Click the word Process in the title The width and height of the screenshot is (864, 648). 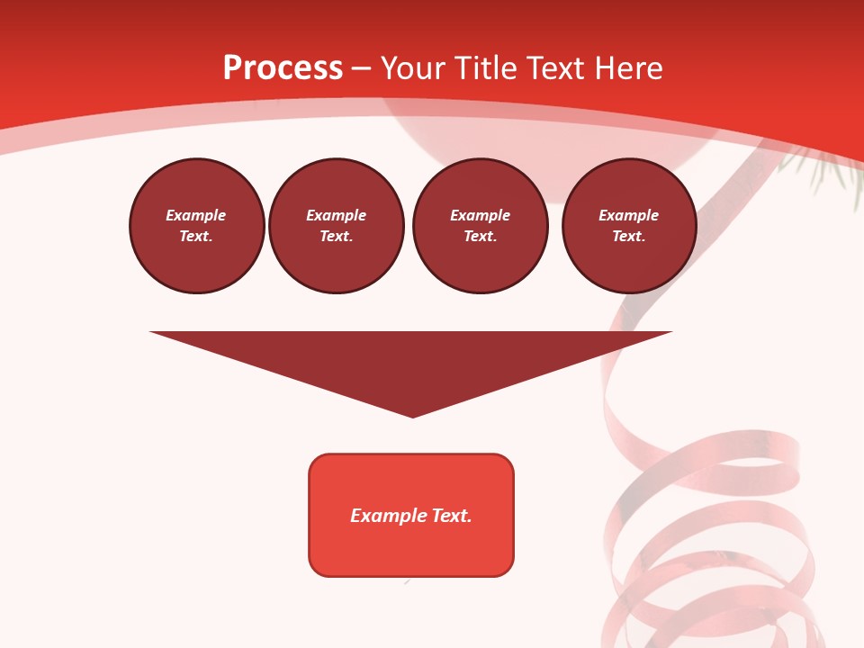point(283,68)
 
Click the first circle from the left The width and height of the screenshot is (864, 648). point(197,226)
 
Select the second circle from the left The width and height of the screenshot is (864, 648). point(337,226)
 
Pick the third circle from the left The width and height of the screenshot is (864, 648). point(480,226)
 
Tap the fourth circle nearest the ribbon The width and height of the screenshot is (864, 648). point(629,226)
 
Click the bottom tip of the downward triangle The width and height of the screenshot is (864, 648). point(412,416)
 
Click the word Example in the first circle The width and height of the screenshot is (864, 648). point(196,215)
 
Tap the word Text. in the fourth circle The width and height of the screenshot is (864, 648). point(629,237)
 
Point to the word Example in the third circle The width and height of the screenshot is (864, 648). point(480,215)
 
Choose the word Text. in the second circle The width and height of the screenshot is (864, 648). point(337,237)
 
